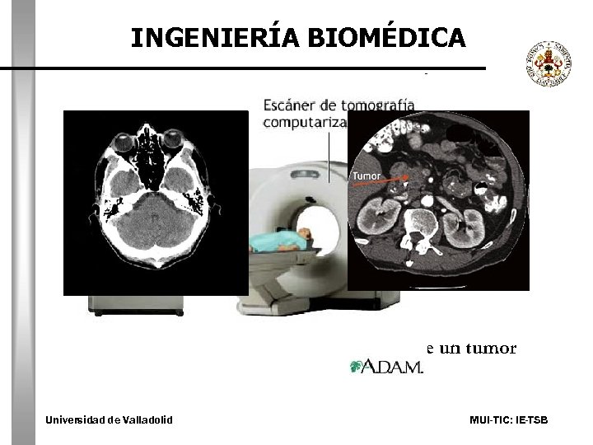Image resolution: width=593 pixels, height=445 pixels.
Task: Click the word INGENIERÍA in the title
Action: tap(217, 37)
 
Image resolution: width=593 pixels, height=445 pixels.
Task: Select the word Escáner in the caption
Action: tap(289, 105)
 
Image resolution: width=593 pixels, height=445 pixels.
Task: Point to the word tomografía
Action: tap(380, 105)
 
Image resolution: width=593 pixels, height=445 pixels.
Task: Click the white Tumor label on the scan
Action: tap(367, 176)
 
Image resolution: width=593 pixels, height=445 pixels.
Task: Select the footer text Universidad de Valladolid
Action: tap(110, 420)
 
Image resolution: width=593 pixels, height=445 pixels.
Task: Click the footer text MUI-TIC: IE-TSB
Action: tap(508, 420)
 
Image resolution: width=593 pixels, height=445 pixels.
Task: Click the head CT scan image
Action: tap(156, 202)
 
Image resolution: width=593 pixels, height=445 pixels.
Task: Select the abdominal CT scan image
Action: tap(438, 200)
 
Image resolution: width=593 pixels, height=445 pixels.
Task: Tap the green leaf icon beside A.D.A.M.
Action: tap(356, 366)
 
